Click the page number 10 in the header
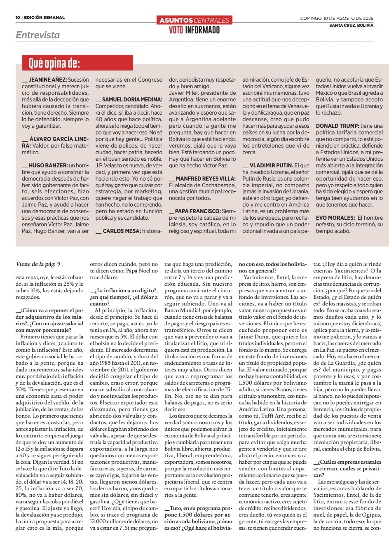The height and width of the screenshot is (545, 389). point(18,18)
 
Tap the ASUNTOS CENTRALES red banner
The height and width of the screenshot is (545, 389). point(194,20)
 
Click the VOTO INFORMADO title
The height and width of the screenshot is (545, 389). point(194,30)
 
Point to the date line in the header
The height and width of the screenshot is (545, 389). point(337,18)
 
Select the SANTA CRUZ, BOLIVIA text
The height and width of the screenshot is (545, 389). point(351,25)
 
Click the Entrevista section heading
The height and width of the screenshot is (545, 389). point(37,35)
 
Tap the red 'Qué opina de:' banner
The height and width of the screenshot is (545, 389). point(54,63)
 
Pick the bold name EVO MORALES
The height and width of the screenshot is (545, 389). point(335,218)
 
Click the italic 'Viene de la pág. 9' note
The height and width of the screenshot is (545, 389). point(38,264)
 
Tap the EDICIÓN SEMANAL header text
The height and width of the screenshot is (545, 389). point(44,18)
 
